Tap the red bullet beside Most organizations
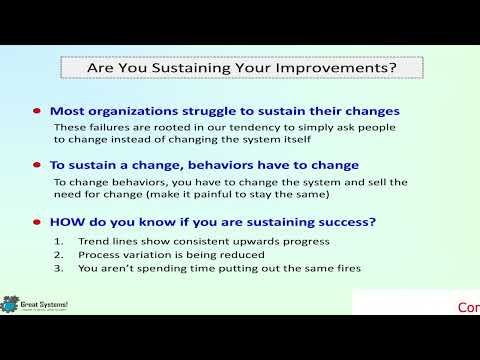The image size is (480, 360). tap(38, 111)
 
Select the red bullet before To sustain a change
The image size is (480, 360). tap(38, 165)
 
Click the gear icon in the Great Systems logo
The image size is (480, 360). tap(11, 303)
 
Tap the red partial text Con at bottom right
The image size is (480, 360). tap(468, 307)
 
